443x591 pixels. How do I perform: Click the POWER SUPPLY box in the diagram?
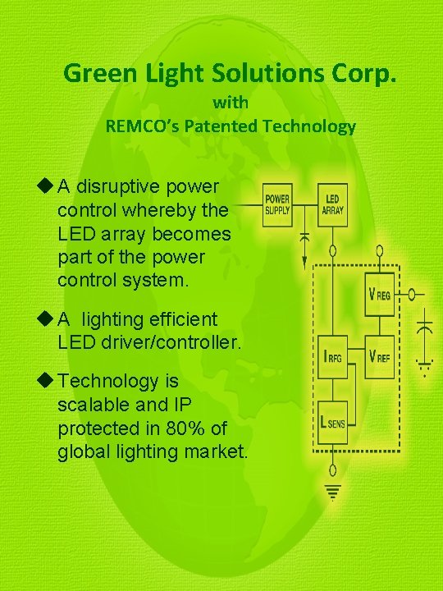pos(276,204)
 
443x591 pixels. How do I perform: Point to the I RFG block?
pos(331,356)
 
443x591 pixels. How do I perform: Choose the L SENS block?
pos(331,421)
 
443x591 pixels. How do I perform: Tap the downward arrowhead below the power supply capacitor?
pos(304,262)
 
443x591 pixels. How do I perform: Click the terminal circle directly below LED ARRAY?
pos(331,249)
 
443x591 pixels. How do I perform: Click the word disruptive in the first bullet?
pos(115,186)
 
